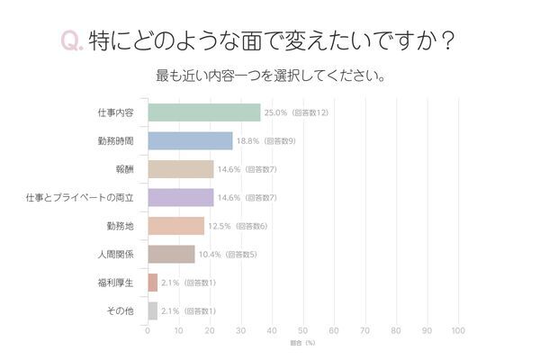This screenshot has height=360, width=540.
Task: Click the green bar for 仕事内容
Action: [x=203, y=112]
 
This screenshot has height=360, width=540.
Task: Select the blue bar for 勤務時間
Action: [x=189, y=140]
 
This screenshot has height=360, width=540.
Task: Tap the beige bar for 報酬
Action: [x=180, y=169]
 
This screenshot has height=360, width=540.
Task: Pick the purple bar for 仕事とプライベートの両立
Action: [x=180, y=197]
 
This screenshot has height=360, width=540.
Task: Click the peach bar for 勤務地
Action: [x=175, y=226]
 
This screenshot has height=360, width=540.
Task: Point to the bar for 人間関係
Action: [x=171, y=255]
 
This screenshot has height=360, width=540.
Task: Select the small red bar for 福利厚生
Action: [x=152, y=283]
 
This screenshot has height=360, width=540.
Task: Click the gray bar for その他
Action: [x=152, y=311]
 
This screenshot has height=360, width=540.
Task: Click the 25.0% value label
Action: [x=274, y=112]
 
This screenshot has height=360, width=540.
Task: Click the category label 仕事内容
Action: [x=116, y=112]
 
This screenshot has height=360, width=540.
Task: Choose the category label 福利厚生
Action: [x=116, y=283]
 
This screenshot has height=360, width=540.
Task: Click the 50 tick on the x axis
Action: [x=302, y=330]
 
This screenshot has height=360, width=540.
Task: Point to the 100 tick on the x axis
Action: [x=457, y=330]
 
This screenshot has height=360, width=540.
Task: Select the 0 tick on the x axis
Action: [x=148, y=330]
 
